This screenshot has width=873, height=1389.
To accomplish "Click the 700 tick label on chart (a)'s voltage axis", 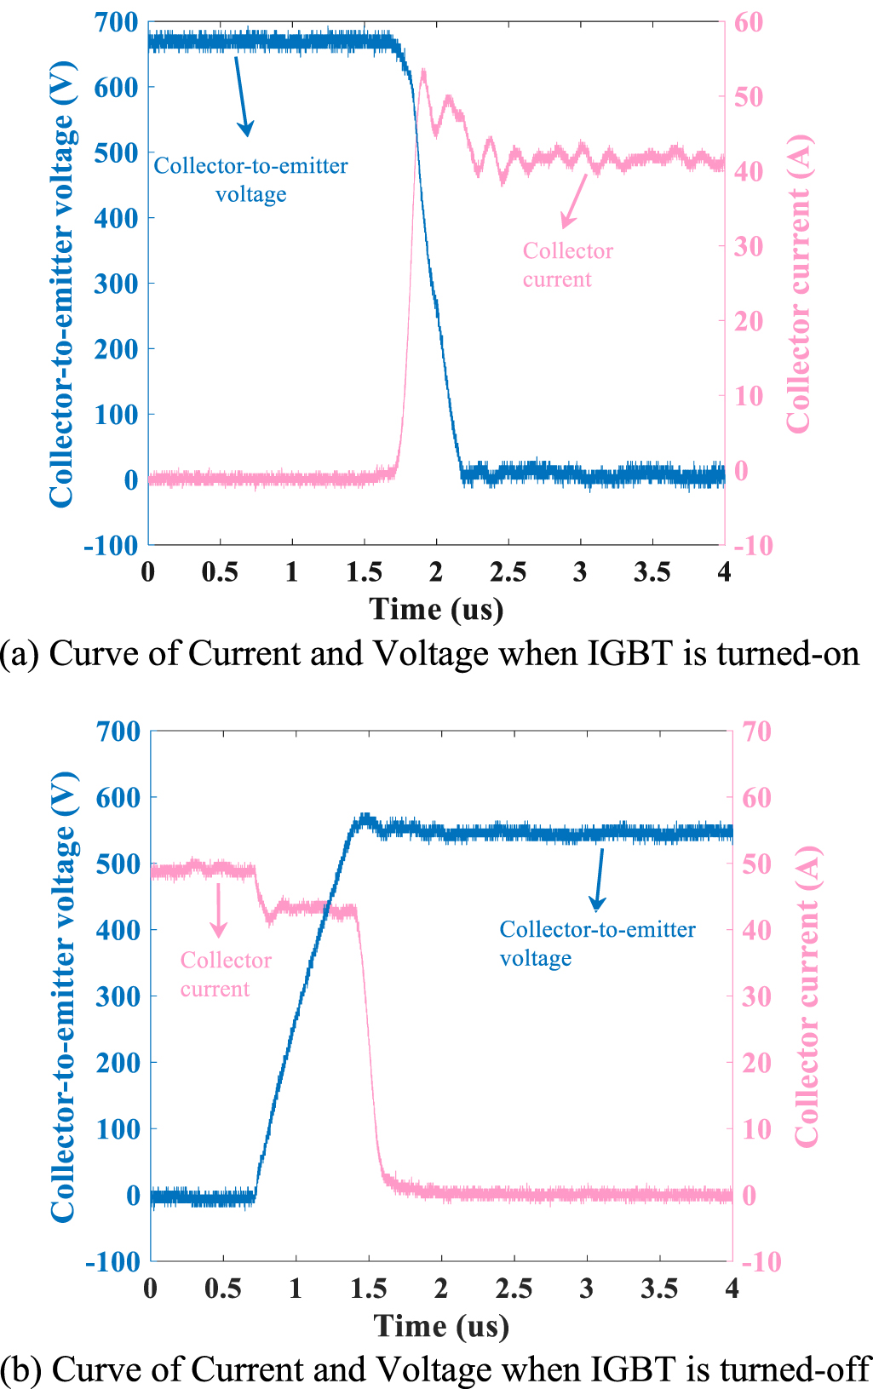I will click(x=116, y=23).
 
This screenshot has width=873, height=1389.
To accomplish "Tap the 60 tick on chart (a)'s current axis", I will click(x=749, y=23).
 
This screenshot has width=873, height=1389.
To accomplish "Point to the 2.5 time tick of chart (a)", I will click(x=508, y=571).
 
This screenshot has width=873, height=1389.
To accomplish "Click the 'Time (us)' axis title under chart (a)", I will click(x=436, y=610).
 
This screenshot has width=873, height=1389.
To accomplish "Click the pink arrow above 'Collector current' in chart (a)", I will click(x=574, y=200).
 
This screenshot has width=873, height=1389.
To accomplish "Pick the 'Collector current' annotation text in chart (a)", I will click(x=567, y=265).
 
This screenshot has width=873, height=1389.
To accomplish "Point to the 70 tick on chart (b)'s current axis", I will click(x=756, y=732).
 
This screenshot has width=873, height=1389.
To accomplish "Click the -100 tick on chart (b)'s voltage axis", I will click(x=112, y=1262).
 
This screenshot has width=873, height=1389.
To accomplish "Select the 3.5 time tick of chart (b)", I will click(x=659, y=1289).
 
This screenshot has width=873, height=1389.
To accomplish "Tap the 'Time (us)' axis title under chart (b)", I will click(x=441, y=1327).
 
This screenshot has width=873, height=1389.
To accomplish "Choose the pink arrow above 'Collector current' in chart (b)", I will click(x=219, y=910).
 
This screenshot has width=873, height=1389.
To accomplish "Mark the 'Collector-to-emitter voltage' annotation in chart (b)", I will click(x=597, y=944).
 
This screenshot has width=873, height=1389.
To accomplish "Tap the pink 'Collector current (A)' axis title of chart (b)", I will click(x=806, y=996).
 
